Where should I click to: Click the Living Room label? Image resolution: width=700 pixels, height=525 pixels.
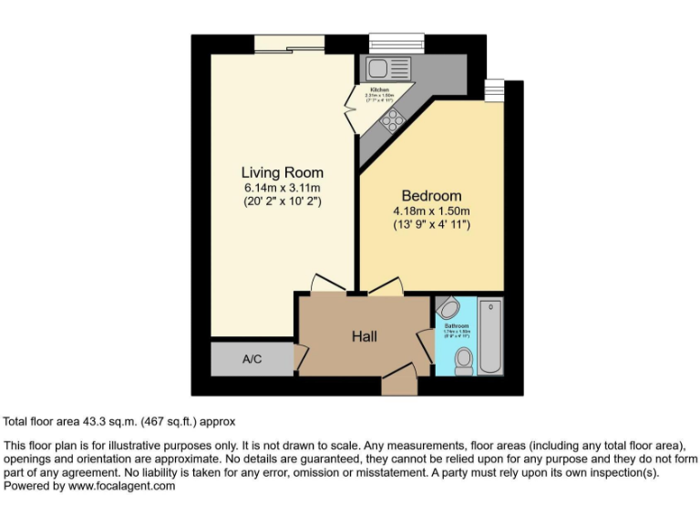(282, 172)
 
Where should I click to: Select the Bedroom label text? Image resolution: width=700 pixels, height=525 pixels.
(431, 196)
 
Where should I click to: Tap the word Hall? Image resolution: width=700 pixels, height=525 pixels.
(365, 336)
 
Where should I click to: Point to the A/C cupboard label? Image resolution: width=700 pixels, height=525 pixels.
(252, 359)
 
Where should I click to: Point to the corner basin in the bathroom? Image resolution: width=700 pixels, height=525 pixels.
(447, 306)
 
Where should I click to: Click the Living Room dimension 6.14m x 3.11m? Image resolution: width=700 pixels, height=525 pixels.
(282, 188)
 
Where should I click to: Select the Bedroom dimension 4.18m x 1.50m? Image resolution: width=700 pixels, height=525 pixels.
(431, 211)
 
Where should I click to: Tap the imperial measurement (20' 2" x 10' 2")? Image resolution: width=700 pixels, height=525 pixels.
(282, 201)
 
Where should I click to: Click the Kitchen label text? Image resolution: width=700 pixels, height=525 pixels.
(378, 89)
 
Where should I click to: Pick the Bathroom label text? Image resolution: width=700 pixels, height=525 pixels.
(457, 325)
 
